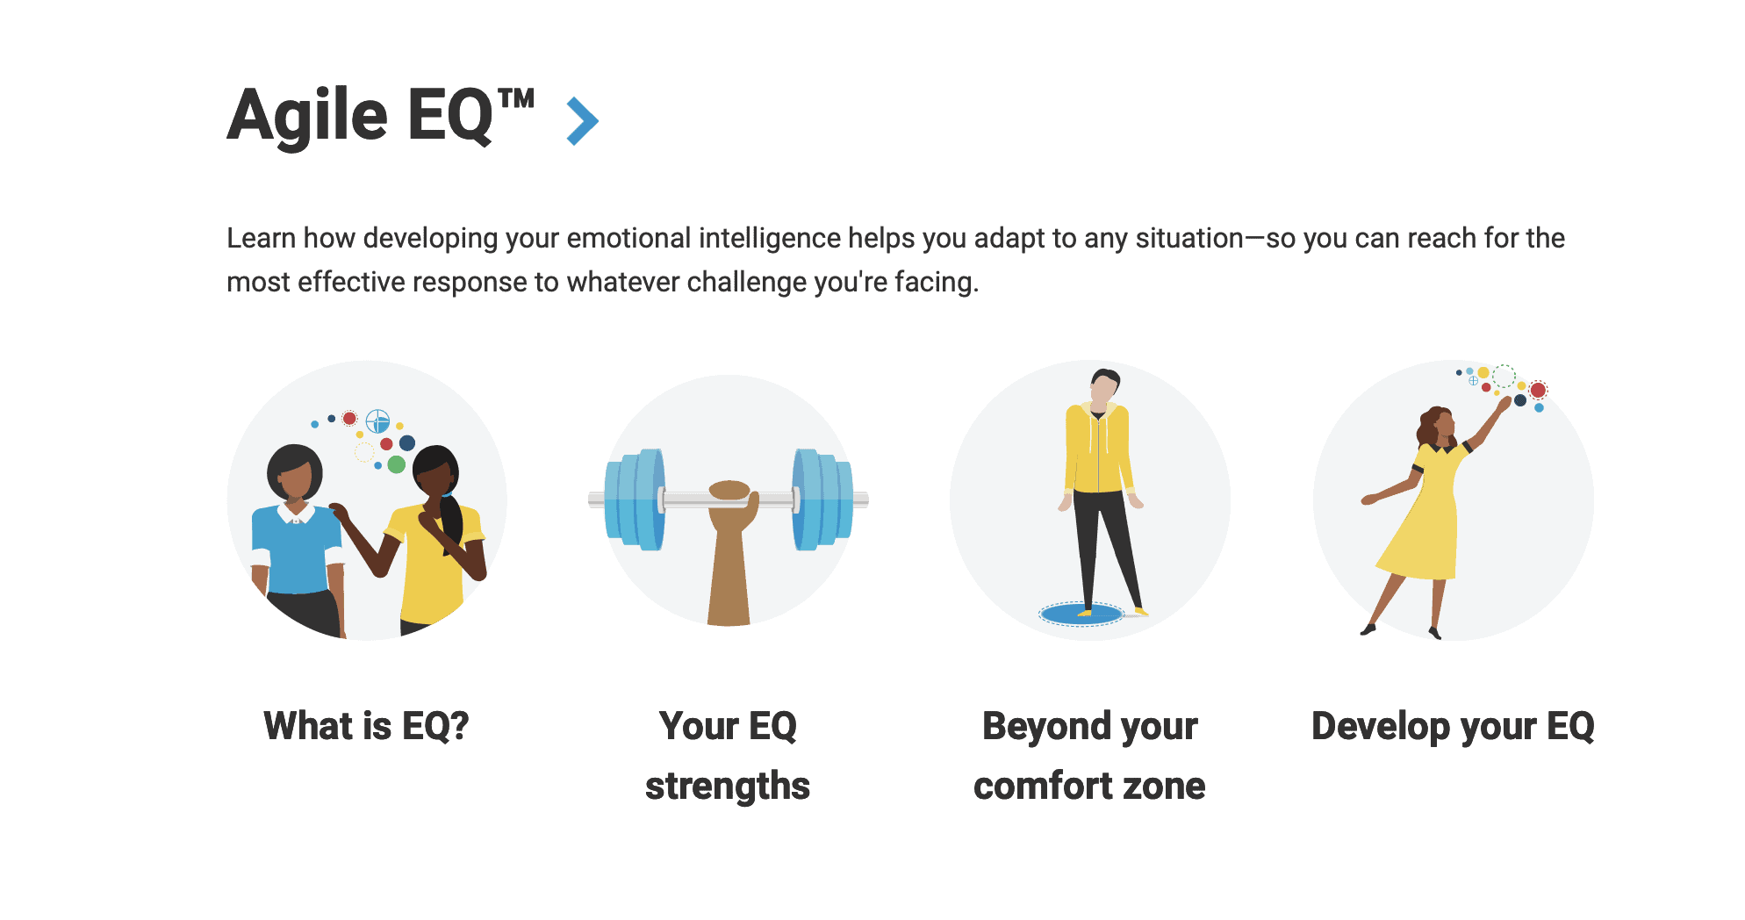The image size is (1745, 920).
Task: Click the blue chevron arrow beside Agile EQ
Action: pyautogui.click(x=583, y=120)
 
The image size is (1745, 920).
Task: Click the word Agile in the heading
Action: pyautogui.click(x=307, y=117)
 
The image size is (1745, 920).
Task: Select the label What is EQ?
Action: pyautogui.click(x=367, y=726)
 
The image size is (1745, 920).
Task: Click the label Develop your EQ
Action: pyautogui.click(x=1453, y=726)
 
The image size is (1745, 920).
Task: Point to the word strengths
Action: pyautogui.click(x=728, y=786)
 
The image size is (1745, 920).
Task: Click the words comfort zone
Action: pyautogui.click(x=1089, y=786)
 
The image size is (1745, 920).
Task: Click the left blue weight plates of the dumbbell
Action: pyautogui.click(x=635, y=500)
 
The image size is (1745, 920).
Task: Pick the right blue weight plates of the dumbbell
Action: pyautogui.click(x=822, y=500)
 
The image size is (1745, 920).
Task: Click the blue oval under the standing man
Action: pyautogui.click(x=1081, y=613)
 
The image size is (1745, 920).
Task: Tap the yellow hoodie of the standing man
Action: pyautogui.click(x=1097, y=448)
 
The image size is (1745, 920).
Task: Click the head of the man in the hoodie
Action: pyautogui.click(x=1105, y=385)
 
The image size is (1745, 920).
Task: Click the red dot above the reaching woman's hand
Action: pyautogui.click(x=1538, y=390)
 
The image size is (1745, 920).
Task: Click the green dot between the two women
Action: pyautogui.click(x=397, y=464)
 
